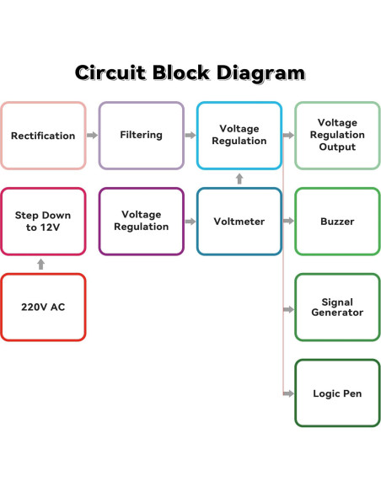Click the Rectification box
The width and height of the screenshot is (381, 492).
pos(43,136)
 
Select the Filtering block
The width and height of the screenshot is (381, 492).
pos(141,136)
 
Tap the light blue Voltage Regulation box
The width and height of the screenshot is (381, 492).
pos(239,136)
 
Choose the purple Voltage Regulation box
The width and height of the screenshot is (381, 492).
pos(141,222)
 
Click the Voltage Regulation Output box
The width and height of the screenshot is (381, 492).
pos(336,136)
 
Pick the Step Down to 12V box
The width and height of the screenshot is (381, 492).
pos(43,222)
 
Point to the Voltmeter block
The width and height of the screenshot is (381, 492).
pos(239,222)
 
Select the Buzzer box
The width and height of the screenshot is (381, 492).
pos(336,222)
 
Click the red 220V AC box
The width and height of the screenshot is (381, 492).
pos(43,307)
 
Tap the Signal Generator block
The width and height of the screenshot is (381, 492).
pos(336,307)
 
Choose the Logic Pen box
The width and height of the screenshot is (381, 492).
pos(336,393)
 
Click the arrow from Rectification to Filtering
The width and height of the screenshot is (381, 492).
pos(92,136)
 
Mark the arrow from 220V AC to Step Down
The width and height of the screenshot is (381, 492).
pos(40,265)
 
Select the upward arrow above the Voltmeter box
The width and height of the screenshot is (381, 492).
pos(239,179)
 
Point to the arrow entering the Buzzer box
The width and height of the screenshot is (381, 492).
pos(288,222)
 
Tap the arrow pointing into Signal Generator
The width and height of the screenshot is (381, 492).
pos(288,309)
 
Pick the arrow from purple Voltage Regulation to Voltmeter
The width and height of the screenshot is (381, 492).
pos(190,222)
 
